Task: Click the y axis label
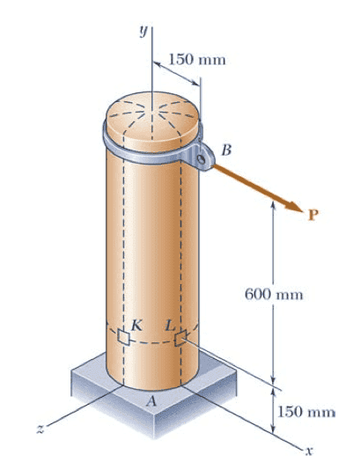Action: (x=144, y=31)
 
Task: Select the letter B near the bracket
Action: (x=226, y=150)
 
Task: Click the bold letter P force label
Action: (x=313, y=215)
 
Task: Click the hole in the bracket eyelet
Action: (x=202, y=159)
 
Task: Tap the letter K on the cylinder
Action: (x=136, y=326)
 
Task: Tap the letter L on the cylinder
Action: (x=170, y=326)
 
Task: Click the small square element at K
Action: (x=123, y=337)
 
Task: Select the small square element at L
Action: (x=180, y=338)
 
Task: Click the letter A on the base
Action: (x=151, y=402)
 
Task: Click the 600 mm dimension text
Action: (x=274, y=294)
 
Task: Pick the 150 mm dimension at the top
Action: (x=197, y=59)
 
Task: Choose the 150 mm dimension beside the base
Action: (x=306, y=412)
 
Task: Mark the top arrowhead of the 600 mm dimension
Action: (x=273, y=205)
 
